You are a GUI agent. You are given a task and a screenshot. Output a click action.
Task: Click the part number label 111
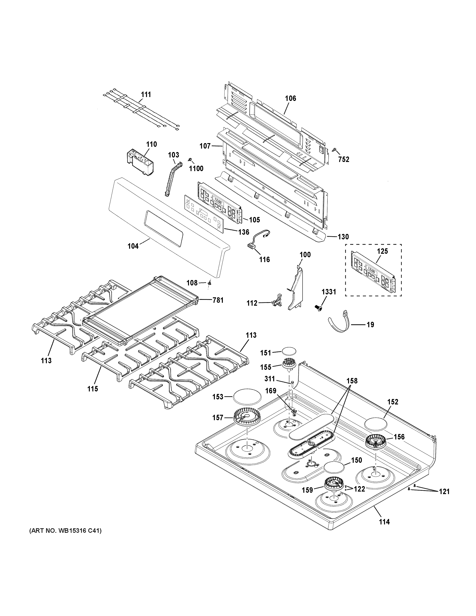click(146, 94)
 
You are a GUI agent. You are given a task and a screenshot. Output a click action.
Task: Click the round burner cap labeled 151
click(289, 352)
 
